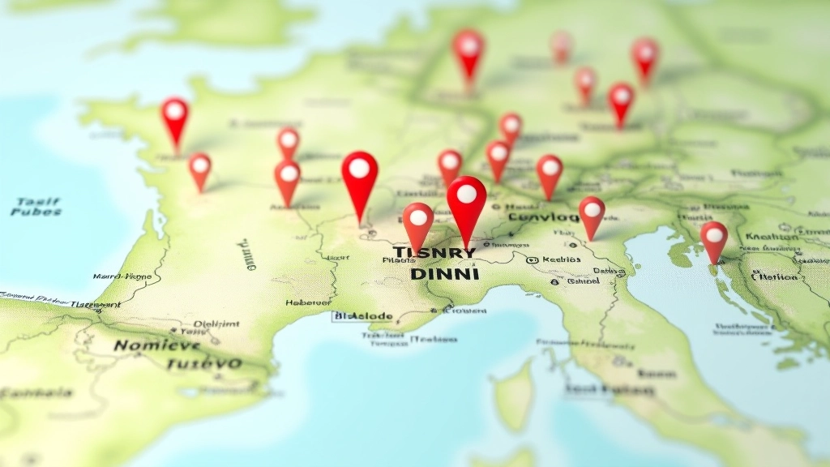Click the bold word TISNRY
point(434,254)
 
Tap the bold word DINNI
point(445,274)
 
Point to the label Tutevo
point(203,364)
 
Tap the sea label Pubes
point(36,212)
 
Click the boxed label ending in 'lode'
point(363,316)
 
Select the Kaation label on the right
point(772,237)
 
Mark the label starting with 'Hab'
point(309,302)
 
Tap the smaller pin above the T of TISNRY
point(418,223)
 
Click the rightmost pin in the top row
point(645,56)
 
